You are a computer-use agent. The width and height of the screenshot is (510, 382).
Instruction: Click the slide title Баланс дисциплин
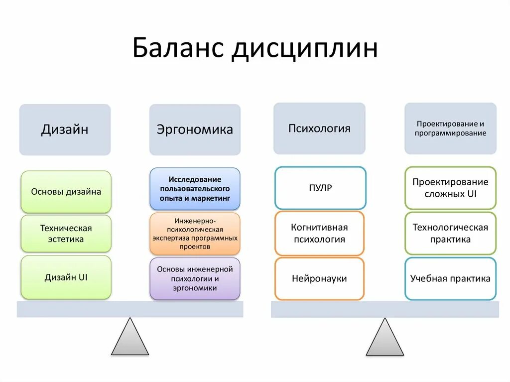coord(255,49)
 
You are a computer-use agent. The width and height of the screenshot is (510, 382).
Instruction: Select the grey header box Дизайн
coord(65,129)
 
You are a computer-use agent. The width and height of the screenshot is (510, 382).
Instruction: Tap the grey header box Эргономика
coord(195,129)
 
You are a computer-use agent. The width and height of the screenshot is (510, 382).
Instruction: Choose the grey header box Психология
coord(319,128)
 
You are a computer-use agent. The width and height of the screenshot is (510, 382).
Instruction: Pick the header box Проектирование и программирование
coord(450,128)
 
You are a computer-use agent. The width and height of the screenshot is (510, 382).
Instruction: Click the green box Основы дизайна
coord(66,192)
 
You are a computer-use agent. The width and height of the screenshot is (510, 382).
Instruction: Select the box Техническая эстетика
coord(66,234)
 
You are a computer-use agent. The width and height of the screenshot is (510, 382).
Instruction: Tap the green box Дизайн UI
coord(66,277)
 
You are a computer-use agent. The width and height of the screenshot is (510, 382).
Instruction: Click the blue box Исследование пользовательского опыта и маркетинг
coord(195,188)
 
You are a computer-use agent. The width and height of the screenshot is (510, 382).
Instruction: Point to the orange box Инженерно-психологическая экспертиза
coord(195,233)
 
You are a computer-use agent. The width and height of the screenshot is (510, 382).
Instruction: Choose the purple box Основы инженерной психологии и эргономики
coord(195,278)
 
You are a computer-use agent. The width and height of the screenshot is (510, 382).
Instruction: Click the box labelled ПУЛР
coord(320,188)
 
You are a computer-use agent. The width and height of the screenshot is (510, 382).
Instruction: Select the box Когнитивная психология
coord(319,233)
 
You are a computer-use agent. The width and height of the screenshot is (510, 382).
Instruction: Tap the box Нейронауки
coord(319,278)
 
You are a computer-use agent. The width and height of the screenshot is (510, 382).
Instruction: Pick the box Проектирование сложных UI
coord(450,188)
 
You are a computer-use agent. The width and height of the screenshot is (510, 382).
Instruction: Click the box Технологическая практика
coord(450,233)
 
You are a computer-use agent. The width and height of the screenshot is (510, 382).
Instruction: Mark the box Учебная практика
coord(450,278)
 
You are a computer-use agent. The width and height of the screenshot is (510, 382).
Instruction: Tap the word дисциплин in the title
coord(304,49)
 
